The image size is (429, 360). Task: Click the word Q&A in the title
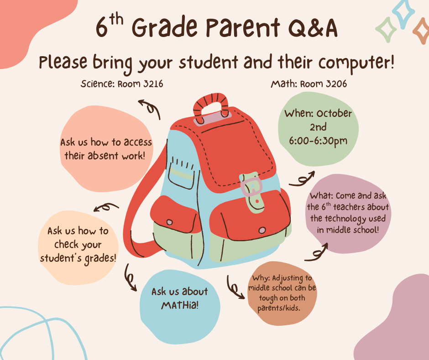[x=313, y=28]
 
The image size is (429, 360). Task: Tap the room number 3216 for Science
[x=153, y=84]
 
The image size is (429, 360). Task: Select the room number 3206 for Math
[x=337, y=84]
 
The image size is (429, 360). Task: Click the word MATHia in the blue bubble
[x=180, y=305]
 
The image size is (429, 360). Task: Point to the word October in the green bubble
[x=334, y=113]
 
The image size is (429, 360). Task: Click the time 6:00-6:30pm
[x=318, y=141]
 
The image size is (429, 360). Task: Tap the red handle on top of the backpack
[x=211, y=106]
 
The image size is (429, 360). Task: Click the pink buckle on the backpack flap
[x=252, y=186]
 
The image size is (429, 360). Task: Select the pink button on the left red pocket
[x=170, y=222]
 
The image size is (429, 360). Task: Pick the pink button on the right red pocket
[x=262, y=230]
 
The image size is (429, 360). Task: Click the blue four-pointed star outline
[x=403, y=14]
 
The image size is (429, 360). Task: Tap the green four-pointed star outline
[x=386, y=30]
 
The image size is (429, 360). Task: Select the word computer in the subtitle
[x=356, y=63]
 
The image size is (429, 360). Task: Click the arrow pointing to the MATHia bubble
[x=130, y=277]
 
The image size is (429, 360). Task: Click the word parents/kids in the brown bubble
[x=279, y=308]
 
